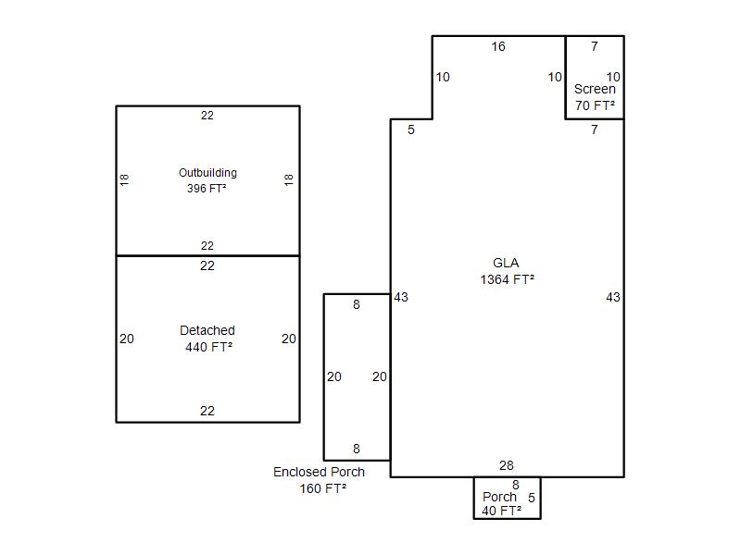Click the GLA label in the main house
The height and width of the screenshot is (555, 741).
[506, 263]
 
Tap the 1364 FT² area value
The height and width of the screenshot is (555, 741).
[507, 279]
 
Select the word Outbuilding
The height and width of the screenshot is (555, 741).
[207, 173]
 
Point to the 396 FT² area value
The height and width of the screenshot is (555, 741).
[207, 189]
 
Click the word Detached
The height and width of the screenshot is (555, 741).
[207, 330]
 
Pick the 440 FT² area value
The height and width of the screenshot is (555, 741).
[209, 347]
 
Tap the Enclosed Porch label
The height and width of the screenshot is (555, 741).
[319, 472]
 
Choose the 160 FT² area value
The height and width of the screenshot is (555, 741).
[322, 488]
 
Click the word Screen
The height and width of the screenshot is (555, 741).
[595, 89]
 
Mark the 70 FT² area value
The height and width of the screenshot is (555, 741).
[595, 105]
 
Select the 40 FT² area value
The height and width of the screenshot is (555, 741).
[501, 511]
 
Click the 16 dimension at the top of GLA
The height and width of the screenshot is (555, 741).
[498, 46]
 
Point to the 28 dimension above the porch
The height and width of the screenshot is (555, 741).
[506, 465]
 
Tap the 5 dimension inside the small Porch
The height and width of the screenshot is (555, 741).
[532, 498]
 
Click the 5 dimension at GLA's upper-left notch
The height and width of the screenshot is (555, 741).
[411, 129]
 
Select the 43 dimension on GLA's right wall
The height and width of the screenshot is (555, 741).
[613, 297]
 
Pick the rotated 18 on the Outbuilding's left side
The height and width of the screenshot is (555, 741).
[124, 179]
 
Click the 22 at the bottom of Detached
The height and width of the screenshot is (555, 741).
[207, 411]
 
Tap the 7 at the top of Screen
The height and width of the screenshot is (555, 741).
[595, 46]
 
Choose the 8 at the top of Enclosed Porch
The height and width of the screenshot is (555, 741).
[357, 304]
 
